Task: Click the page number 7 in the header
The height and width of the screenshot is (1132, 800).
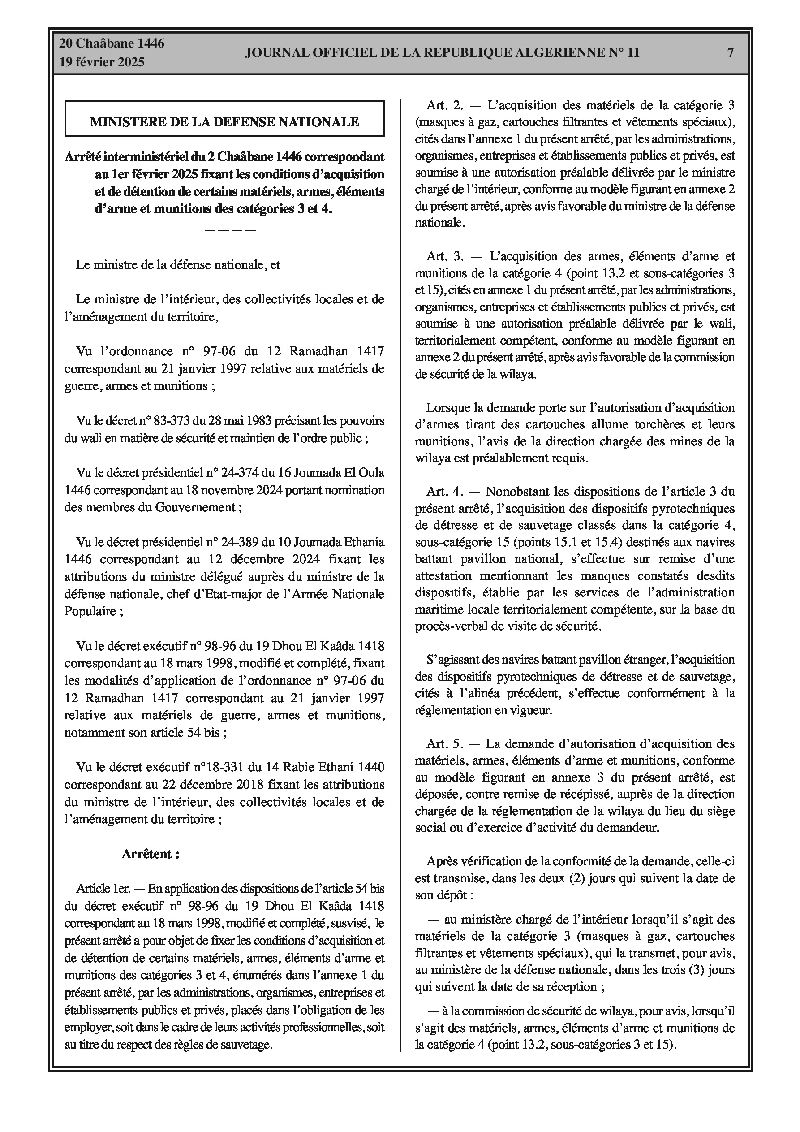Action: tap(731, 53)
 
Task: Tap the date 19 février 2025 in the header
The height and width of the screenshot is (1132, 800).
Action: tap(102, 62)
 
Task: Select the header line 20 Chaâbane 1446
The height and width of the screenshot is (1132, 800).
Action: tap(112, 43)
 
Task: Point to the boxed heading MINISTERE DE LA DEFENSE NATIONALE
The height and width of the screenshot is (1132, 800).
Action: tap(224, 122)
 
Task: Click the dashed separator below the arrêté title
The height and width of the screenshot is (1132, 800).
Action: tap(230, 230)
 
